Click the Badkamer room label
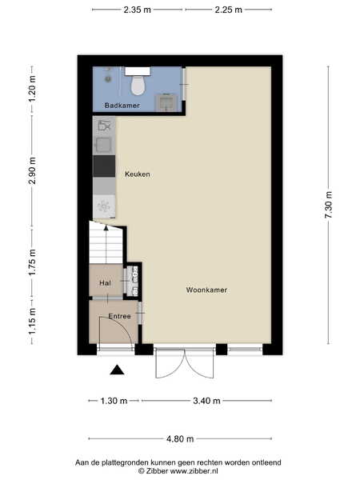coord(122,106)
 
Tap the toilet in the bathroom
coord(138,82)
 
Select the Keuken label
coord(138,174)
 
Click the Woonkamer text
coord(206,290)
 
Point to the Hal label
coord(105,283)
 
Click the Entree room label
coord(120,316)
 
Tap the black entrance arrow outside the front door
coord(117,370)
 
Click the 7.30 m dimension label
coord(329,205)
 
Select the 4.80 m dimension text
coord(180,439)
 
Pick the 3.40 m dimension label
coord(206,401)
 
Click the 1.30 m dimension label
coord(114,401)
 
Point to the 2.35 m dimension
coord(137,10)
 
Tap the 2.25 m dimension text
coord(228,10)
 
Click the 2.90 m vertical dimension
coord(32,170)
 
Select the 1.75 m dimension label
coord(32,262)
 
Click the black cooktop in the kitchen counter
coord(104,166)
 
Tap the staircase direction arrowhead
coord(106,227)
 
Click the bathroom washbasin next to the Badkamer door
coord(166,102)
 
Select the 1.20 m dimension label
coord(32,89)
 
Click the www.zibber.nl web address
coord(194,471)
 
